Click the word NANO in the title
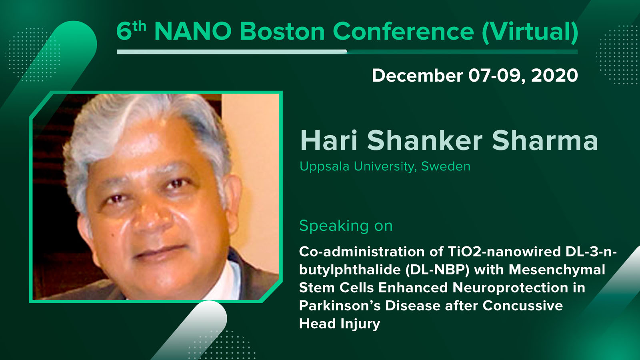[193, 31]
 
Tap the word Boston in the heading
[282, 31]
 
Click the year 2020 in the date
[554, 76]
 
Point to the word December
[417, 76]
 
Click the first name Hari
[329, 140]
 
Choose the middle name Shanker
[424, 140]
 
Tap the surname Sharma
[545, 140]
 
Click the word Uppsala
[324, 166]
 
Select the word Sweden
[446, 166]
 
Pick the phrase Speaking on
[346, 226]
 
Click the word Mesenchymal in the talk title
[557, 270]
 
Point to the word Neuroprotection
[510, 288]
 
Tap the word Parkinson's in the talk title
[340, 306]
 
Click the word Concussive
[522, 306]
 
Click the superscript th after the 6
[139, 26]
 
